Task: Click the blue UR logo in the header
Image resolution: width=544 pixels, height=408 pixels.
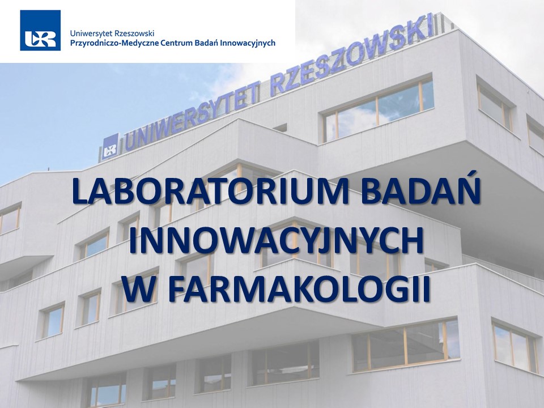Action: [x=40, y=30]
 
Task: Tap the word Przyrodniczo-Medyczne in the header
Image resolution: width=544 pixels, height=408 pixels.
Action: [x=114, y=44]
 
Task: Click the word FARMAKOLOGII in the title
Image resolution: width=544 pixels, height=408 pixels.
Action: [x=299, y=288]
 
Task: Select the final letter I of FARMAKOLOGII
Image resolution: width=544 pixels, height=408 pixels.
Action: [x=426, y=288]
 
